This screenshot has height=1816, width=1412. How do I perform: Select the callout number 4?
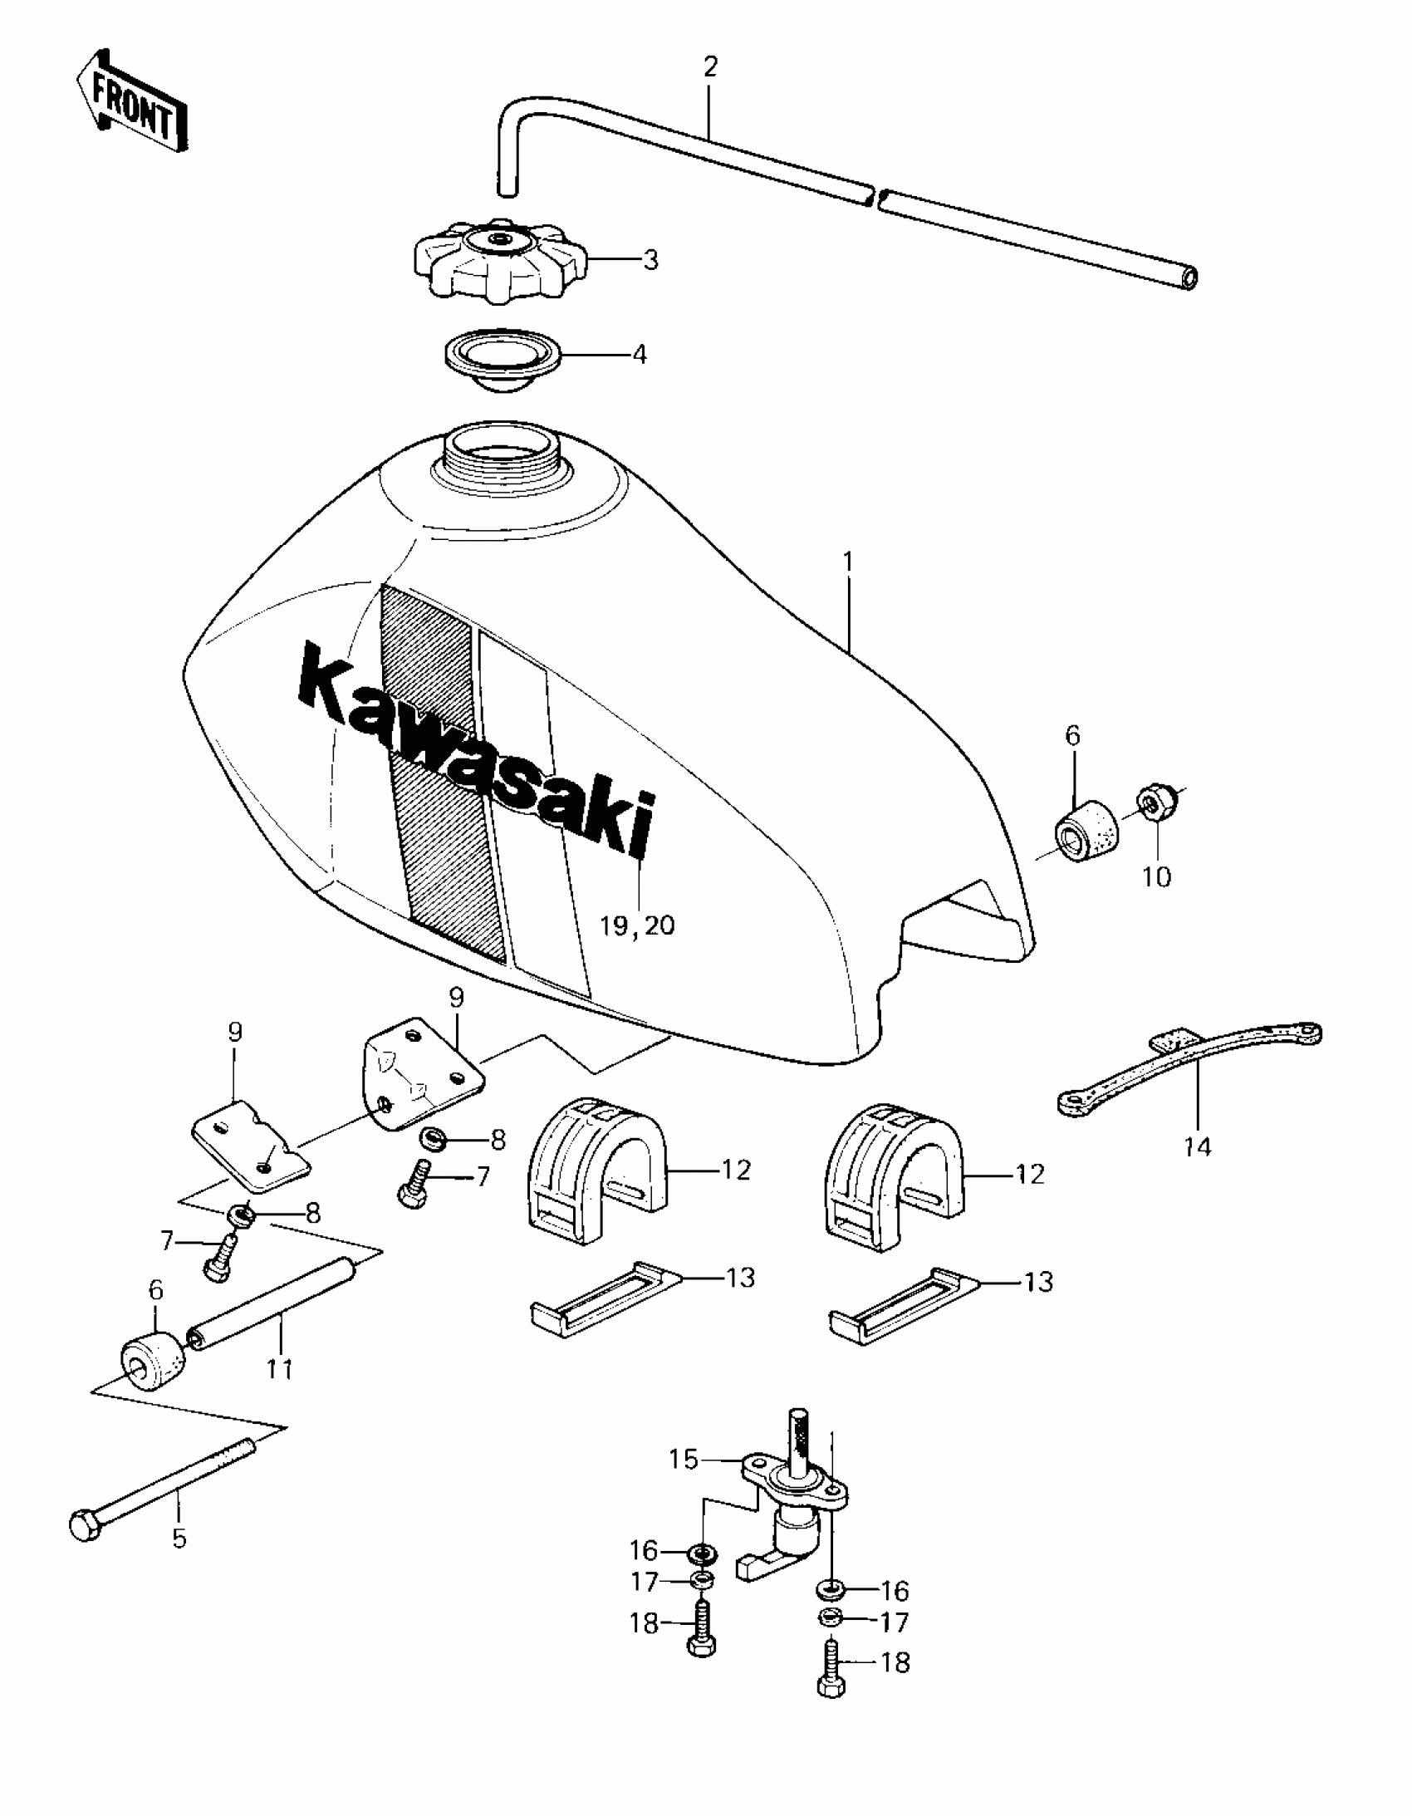639,354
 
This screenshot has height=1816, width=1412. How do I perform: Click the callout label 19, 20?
638,925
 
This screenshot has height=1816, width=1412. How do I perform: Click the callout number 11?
279,1368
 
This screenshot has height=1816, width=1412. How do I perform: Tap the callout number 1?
847,563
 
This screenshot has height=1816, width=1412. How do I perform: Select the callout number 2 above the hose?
709,66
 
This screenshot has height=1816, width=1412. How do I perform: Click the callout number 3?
650,259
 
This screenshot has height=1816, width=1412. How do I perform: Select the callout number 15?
684,1460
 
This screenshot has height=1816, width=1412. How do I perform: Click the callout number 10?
1157,876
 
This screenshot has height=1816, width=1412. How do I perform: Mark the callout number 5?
179,1539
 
